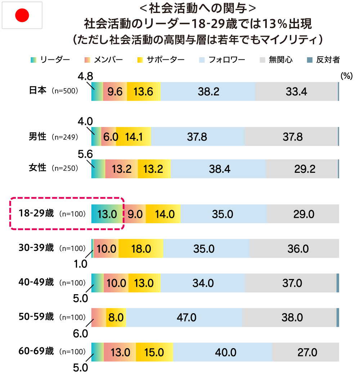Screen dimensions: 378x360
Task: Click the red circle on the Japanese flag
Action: coord(22,15)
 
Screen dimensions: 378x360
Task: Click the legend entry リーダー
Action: coord(50,60)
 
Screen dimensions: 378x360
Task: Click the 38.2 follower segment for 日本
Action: coord(208,91)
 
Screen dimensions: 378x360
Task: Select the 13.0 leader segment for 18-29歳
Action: coord(107,214)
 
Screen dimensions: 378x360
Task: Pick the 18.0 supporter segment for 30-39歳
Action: coord(141,248)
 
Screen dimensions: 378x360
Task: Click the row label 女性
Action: coord(37,168)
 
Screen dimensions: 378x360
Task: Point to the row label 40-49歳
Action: coord(36,282)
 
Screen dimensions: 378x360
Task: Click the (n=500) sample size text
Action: coord(64,91)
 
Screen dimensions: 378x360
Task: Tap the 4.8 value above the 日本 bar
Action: coord(85,76)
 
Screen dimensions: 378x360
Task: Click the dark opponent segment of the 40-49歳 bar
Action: coord(338,283)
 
